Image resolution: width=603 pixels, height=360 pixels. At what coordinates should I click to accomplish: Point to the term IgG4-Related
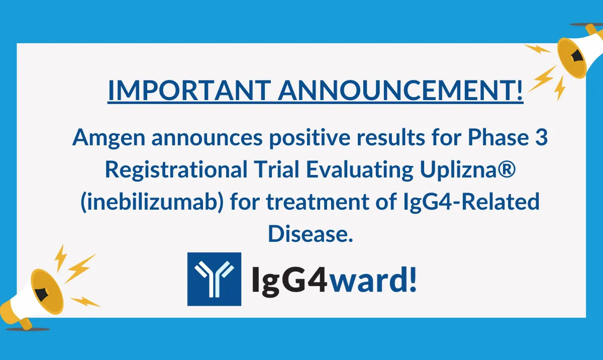tap(477, 203)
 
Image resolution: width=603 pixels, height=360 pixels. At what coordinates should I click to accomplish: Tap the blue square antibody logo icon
tap(214, 279)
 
